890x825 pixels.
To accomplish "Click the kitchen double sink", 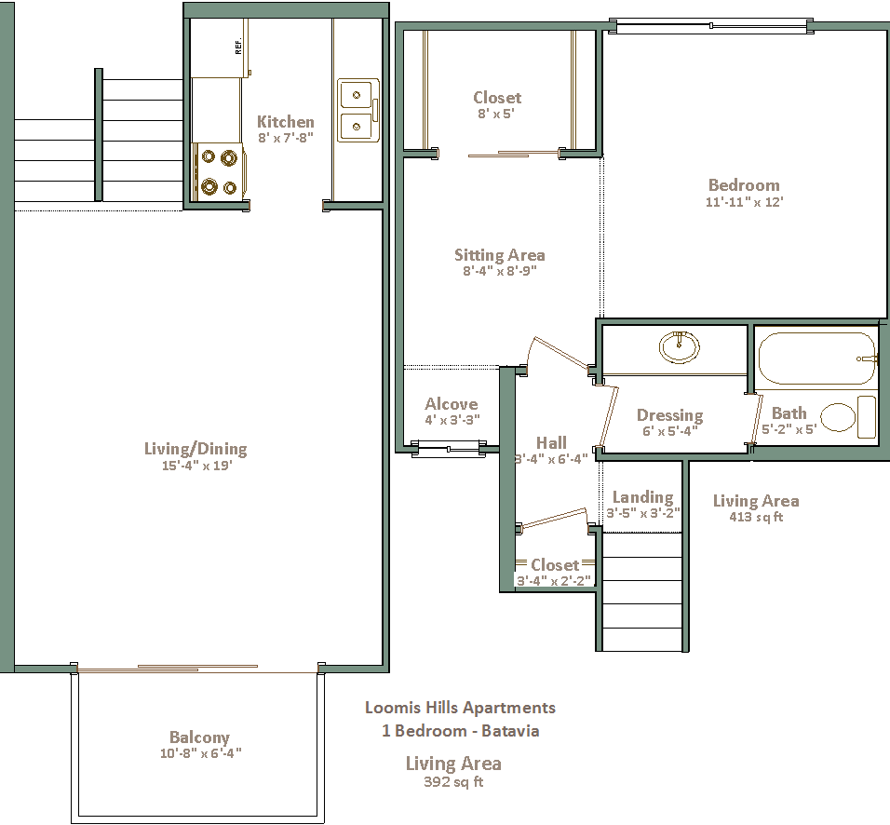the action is [x=358, y=110].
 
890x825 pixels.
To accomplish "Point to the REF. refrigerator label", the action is [x=238, y=46].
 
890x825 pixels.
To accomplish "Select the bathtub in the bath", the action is [x=816, y=358].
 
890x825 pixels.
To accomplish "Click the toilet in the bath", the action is [x=848, y=417].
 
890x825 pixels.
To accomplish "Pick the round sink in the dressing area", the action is [x=679, y=346].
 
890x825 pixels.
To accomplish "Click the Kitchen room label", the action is [x=286, y=121].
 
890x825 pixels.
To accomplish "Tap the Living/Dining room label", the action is [x=196, y=449].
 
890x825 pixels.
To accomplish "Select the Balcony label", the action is [x=200, y=737].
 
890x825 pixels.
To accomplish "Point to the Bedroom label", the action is [x=744, y=185].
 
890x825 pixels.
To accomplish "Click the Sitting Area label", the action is [x=500, y=255].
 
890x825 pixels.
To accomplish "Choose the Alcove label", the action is [x=452, y=404].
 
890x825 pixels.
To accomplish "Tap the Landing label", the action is [x=642, y=497].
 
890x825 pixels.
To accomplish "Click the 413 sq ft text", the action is [x=756, y=517].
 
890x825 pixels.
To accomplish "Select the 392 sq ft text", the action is [x=453, y=782].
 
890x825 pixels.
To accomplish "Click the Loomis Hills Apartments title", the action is [x=460, y=708].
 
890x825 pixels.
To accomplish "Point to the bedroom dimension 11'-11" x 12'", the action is [x=744, y=201].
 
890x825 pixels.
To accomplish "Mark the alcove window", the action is [x=449, y=449].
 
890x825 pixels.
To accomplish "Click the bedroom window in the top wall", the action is [x=712, y=25].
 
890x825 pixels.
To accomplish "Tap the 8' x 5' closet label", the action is [x=496, y=114].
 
